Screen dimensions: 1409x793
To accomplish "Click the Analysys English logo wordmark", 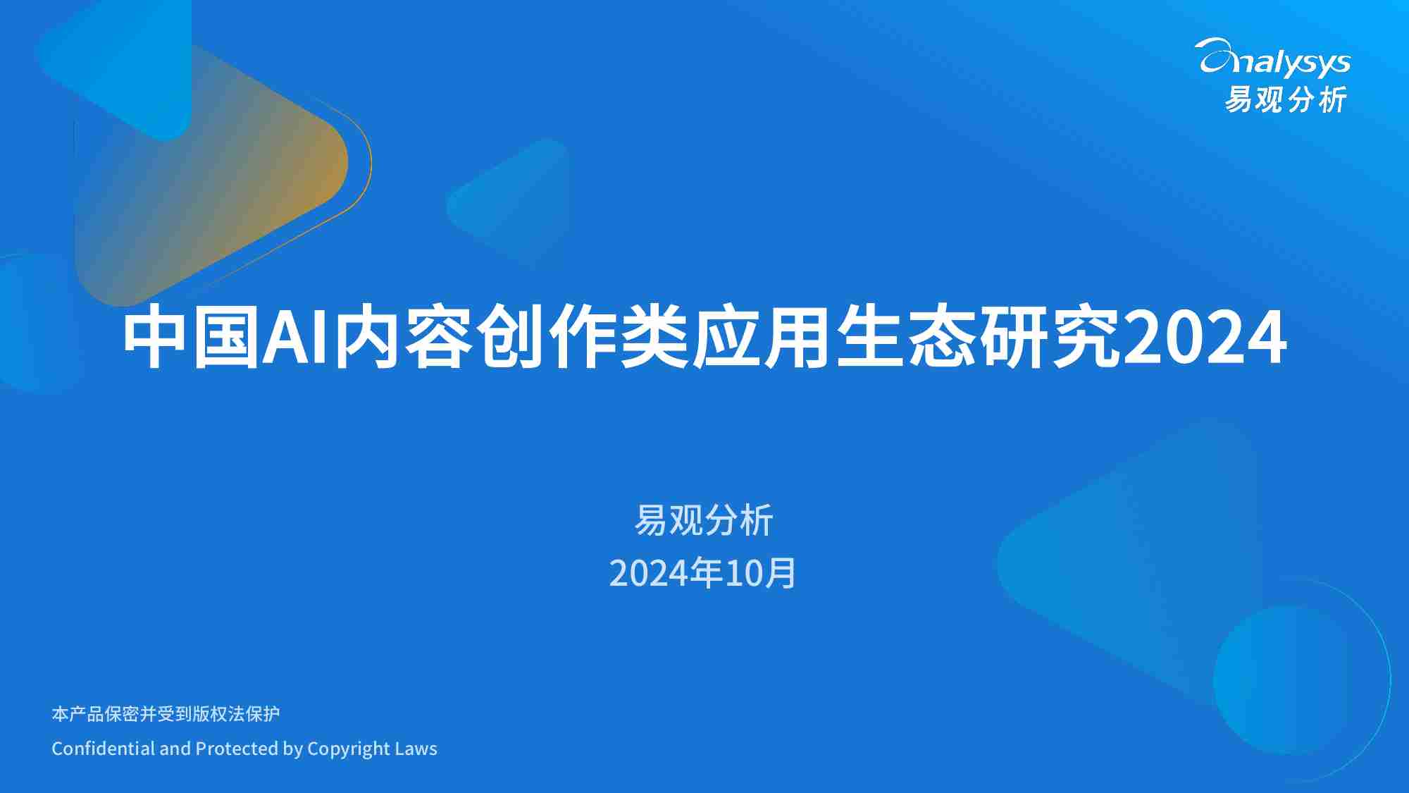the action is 1272,58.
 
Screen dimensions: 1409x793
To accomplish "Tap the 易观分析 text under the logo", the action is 1286,99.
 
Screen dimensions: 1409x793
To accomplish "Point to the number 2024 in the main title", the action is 1205,338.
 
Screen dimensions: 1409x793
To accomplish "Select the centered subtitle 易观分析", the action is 704,520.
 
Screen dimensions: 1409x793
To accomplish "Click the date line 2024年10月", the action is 703,572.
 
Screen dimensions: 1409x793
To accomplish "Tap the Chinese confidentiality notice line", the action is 166,714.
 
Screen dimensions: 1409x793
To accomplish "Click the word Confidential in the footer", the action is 104,748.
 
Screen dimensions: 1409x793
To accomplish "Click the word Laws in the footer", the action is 416,748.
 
